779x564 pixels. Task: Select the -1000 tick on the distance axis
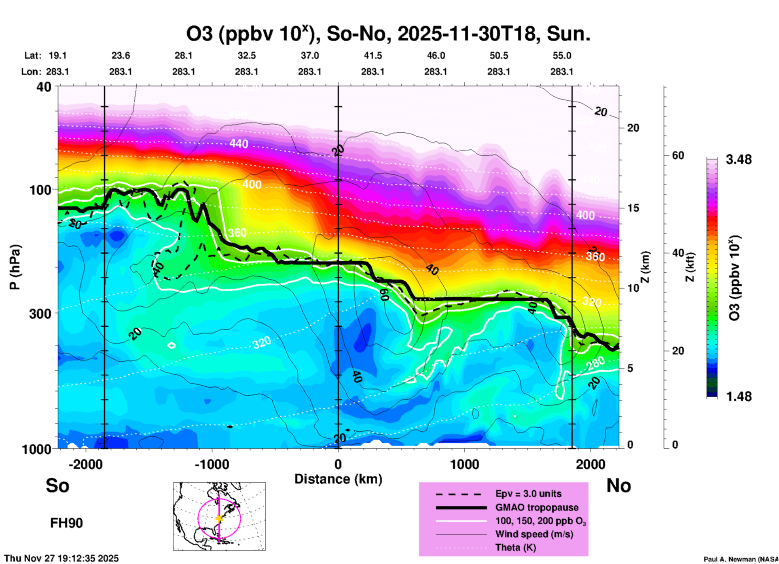[x=212, y=464]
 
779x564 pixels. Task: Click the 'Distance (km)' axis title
[x=338, y=479]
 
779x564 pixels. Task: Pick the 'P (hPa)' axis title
[x=15, y=267]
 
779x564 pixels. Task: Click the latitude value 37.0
[x=309, y=55]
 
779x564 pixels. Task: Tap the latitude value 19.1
[x=57, y=55]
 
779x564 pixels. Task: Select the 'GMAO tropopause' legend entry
[x=537, y=507]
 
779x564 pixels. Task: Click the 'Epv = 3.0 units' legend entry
[x=528, y=494]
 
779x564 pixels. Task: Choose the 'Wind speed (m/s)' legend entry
[x=534, y=534]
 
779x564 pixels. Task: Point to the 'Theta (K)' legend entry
[x=515, y=547]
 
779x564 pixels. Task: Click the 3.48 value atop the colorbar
[x=739, y=160]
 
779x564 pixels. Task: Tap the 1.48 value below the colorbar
[x=739, y=396]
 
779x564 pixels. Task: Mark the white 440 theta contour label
[x=239, y=144]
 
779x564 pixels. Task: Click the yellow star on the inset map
[x=219, y=518]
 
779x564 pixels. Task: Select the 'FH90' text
[x=66, y=523]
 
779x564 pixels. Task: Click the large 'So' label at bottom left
[x=57, y=486]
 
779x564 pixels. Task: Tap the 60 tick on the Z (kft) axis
[x=678, y=155]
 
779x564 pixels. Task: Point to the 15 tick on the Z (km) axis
[x=633, y=208]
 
